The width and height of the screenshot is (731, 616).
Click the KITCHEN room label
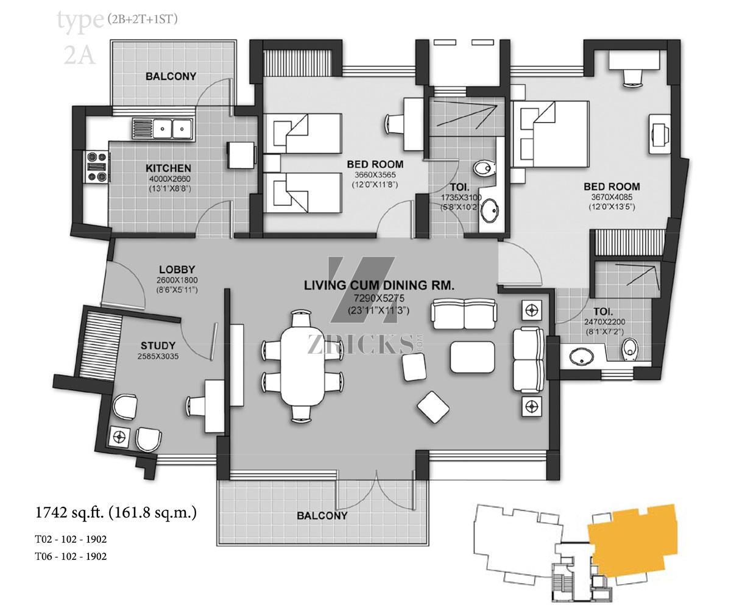[x=168, y=168]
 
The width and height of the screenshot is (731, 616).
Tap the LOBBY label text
[x=177, y=270]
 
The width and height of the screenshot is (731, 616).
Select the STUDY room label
[x=158, y=346]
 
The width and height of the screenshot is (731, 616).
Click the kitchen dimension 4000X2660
[x=170, y=179]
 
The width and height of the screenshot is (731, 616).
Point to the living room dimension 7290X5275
[x=379, y=298]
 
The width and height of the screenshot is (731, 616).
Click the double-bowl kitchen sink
[x=162, y=129]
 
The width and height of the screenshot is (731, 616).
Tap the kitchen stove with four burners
[x=96, y=167]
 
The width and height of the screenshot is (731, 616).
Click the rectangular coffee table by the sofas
[x=473, y=357]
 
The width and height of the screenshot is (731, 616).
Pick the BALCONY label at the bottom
[x=322, y=516]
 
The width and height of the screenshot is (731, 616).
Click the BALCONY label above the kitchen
[x=171, y=76]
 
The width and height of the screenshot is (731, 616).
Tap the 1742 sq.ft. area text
[x=116, y=513]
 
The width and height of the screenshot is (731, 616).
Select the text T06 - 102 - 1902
[x=71, y=556]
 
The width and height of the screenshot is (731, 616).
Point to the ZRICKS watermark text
[x=361, y=344]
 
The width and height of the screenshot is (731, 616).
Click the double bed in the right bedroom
[x=550, y=134]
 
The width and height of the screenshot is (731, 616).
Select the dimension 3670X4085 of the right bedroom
[x=612, y=197]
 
